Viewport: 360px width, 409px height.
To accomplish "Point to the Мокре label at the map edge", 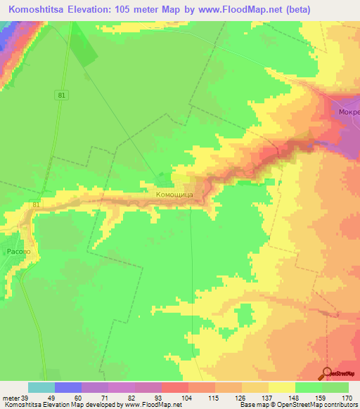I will pos(349,111).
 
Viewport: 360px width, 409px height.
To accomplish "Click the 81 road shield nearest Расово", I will pos(37,204).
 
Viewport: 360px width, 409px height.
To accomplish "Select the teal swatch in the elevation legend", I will pos(41,387).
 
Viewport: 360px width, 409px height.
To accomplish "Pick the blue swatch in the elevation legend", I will pos(68,387).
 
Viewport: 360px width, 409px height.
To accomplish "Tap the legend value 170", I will pos(347,398).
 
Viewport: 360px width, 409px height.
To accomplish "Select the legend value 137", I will pos(266,398).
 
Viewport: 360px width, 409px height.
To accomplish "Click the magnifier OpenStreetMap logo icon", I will pos(327,373).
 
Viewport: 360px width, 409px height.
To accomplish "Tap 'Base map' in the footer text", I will pos(253,405).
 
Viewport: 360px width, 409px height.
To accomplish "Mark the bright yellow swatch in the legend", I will pos(282,387).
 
